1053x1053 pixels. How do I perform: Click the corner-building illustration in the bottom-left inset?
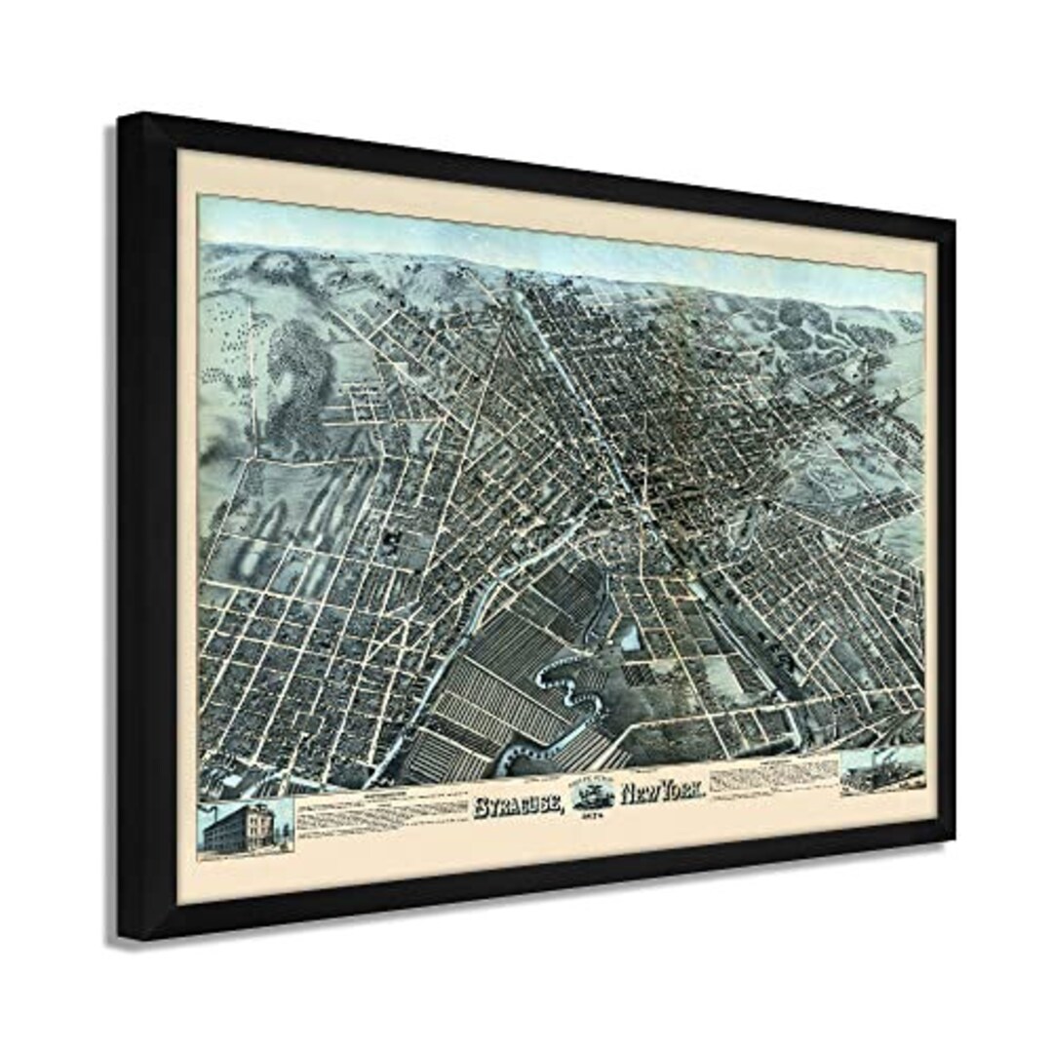(245, 826)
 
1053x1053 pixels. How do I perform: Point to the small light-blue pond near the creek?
(632, 639)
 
